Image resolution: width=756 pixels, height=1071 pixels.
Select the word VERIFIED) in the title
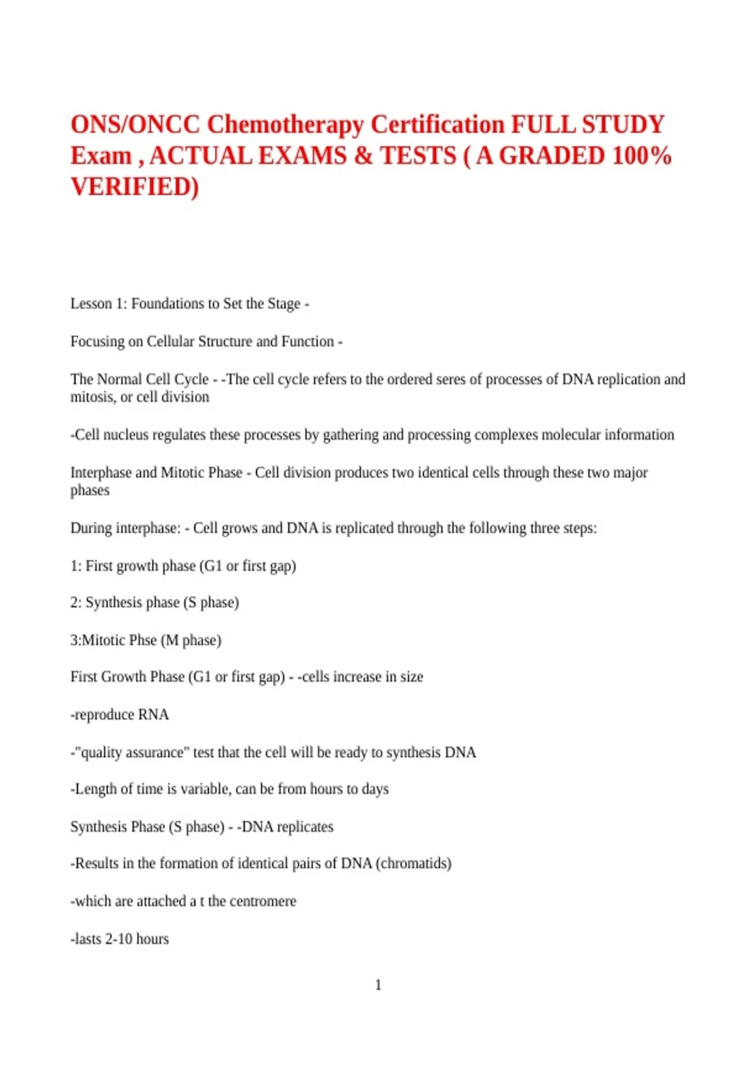click(134, 187)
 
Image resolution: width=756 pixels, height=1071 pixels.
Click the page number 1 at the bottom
click(378, 985)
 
